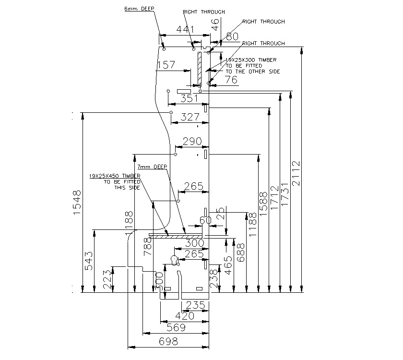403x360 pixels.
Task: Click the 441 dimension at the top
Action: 186,30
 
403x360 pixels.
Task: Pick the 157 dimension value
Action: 166,65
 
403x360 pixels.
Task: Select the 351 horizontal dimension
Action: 190,98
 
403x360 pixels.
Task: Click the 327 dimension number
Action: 190,117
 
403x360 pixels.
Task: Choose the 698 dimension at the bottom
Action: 168,341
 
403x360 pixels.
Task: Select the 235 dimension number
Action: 195,305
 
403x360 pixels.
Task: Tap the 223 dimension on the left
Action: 108,279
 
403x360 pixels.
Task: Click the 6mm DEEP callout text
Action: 138,9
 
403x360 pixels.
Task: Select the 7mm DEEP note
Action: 152,167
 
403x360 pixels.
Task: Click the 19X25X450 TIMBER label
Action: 114,176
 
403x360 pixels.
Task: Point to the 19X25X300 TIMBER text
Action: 251,60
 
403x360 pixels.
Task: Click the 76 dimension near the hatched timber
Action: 231,80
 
